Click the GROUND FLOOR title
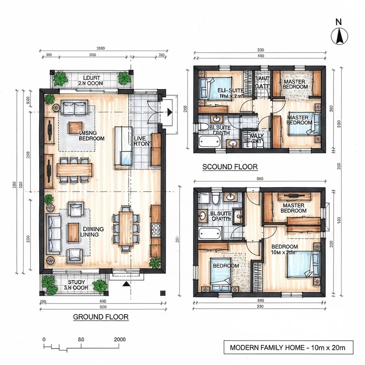(x=101, y=317)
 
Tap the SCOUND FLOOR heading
(x=230, y=167)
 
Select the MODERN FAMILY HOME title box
(x=287, y=348)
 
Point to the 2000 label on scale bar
(x=120, y=339)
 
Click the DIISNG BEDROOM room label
(x=92, y=135)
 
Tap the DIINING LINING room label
(x=93, y=231)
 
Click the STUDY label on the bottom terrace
(x=74, y=285)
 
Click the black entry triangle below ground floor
(x=125, y=283)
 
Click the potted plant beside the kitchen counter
(x=156, y=263)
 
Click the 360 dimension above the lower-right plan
(x=261, y=179)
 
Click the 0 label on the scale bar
(x=44, y=339)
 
